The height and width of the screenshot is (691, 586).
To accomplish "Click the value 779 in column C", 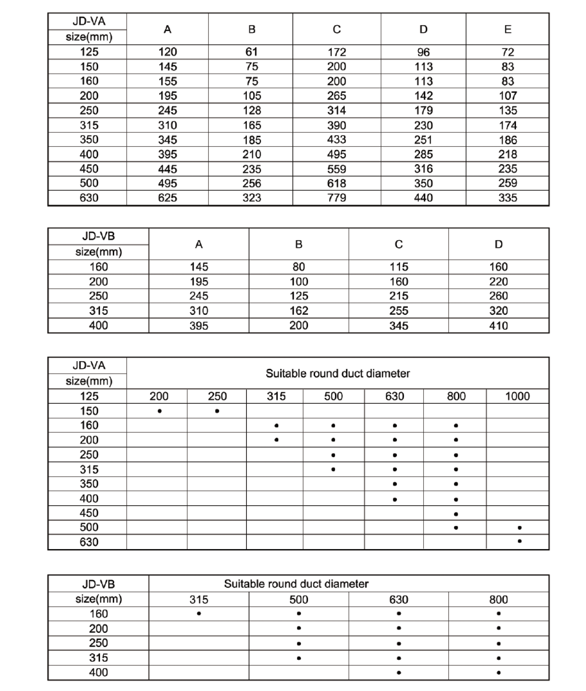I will pos(336,198).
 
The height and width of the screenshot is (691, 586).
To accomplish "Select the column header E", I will pos(508,29).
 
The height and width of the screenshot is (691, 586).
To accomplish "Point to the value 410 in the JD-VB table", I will pos(498,325).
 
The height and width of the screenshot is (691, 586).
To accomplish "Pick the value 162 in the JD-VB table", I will pos(299,311).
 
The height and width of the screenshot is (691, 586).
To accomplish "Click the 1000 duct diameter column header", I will pos(517,396).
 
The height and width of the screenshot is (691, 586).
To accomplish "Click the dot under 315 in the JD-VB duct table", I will pos(199,614).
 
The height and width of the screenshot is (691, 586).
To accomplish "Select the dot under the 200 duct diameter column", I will pos(160,411).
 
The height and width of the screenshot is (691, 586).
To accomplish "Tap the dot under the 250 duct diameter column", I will pos(217,411).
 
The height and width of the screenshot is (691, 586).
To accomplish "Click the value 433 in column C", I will pos(336,140).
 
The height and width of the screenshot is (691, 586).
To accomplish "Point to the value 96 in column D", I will pos(423,52).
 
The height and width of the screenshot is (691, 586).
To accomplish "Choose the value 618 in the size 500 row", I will pos(336,183).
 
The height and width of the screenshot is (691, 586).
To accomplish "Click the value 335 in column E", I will pos(508,198).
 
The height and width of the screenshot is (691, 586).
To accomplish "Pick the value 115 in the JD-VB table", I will pos(399,267).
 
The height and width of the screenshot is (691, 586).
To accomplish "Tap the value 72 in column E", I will pos(508,52).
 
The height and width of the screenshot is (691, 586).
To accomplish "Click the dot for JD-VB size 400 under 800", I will pos(499,673).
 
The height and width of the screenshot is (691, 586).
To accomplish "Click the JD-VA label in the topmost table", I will pos(89,21).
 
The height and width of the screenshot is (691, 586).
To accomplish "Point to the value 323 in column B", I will pos(251,198).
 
